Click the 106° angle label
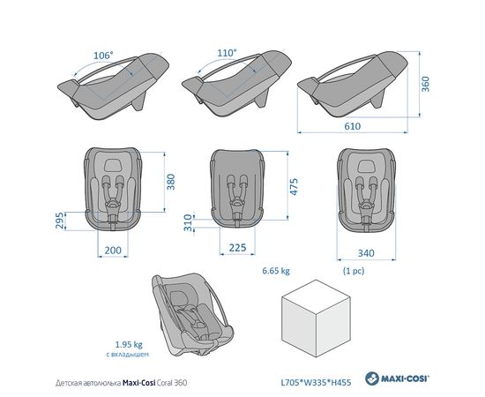click(103, 56)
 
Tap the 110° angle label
click(227, 53)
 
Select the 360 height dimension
click(426, 84)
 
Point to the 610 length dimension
click(353, 126)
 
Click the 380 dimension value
click(171, 182)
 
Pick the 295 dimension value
click(60, 221)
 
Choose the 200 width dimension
click(113, 250)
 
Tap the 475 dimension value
click(295, 186)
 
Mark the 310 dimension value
click(188, 223)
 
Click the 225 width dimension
click(237, 248)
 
